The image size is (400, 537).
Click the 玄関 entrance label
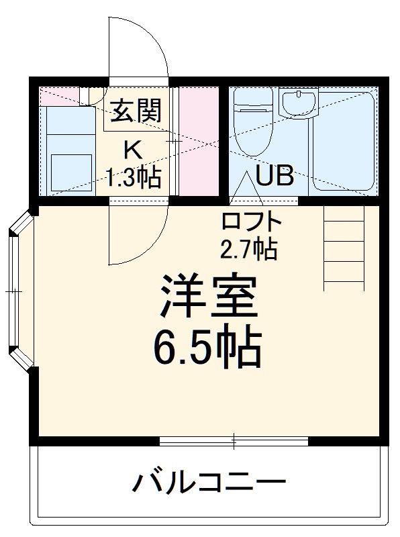[x=136, y=110]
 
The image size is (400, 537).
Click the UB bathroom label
[x=274, y=176]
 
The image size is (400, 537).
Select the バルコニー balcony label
[x=208, y=482]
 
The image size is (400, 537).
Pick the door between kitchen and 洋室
[x=138, y=232]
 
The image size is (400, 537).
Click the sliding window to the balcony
[x=234, y=441]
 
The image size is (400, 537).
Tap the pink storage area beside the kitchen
[x=199, y=141]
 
